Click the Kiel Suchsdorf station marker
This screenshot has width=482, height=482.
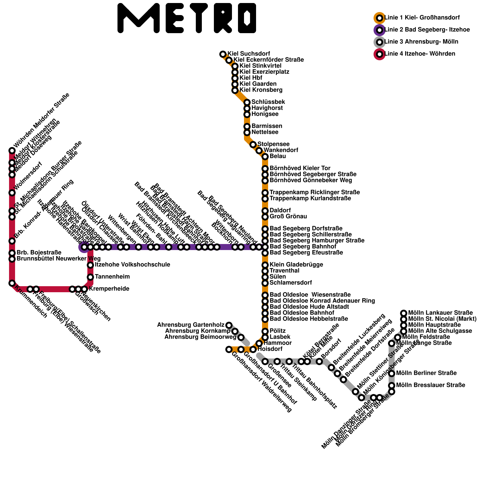223,54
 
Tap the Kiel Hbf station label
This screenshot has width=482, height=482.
251,78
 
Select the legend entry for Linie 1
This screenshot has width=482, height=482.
422,18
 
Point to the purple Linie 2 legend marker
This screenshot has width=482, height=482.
380,30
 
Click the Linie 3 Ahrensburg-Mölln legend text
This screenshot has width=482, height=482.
421,42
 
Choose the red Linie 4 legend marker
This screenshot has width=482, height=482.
380,54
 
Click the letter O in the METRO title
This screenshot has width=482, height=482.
247,18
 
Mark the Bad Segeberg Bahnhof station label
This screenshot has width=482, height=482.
303,247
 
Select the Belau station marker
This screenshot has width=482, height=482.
265,157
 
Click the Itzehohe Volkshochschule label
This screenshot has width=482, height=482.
133,265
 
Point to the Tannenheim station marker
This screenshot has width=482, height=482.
90,277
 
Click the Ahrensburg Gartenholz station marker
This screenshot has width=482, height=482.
229,325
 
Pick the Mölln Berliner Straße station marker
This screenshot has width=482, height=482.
392,374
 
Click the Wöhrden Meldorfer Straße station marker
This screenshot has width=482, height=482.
12,151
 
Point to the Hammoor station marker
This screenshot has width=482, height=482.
259,343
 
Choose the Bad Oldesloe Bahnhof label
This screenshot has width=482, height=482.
302,313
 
